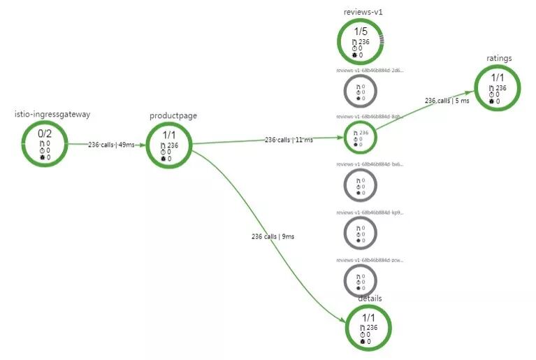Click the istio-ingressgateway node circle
45,144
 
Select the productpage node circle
170,145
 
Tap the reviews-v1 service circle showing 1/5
360,41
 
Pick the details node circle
368,328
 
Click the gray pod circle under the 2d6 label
361,91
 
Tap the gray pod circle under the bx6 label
361,185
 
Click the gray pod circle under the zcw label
361,280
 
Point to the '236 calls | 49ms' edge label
111,145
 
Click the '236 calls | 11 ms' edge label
289,140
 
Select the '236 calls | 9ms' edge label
273,236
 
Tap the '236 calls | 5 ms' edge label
447,100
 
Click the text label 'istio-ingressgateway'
52,114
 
